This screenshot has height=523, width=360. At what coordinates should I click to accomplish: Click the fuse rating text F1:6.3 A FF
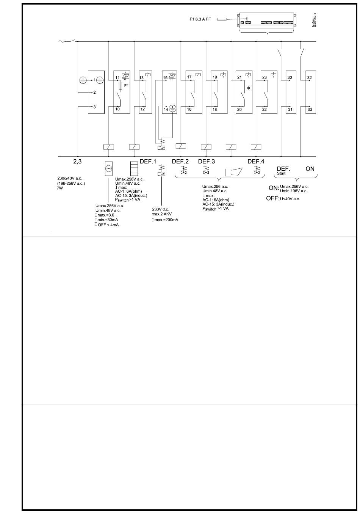click(200, 19)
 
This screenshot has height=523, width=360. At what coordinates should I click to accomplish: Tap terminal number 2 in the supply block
click(94, 93)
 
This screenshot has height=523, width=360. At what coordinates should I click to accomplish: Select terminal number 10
click(117, 109)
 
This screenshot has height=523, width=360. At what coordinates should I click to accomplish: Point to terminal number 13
click(141, 78)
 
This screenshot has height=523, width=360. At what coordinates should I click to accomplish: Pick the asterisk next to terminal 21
click(249, 88)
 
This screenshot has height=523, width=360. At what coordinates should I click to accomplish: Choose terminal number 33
click(310, 109)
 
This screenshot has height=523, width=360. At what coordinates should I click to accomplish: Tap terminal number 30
click(290, 78)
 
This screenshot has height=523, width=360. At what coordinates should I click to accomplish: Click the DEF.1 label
click(148, 162)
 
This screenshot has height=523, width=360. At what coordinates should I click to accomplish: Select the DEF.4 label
click(256, 162)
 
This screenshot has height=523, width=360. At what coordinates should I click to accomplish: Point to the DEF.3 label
click(206, 162)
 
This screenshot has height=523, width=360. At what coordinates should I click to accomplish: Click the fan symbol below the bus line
click(109, 168)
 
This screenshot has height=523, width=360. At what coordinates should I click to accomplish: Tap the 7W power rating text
click(60, 188)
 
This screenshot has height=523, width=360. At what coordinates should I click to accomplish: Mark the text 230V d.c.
click(161, 209)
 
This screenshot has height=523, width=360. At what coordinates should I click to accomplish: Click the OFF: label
click(272, 198)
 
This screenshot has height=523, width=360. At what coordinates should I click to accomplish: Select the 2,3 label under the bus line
click(78, 162)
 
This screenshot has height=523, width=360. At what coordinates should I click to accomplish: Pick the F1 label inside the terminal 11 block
click(127, 86)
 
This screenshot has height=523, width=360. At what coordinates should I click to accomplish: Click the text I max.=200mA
click(165, 220)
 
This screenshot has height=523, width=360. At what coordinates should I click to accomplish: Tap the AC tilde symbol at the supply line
click(61, 41)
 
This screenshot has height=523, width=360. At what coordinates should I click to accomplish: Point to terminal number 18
click(214, 109)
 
